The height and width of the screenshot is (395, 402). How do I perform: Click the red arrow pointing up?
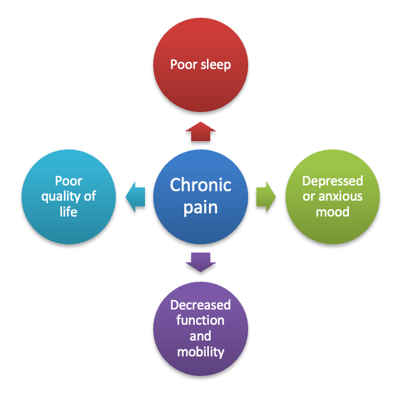[x=201, y=130]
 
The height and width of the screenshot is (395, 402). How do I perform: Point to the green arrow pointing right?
[x=266, y=197]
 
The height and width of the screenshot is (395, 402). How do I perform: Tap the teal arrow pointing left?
[x=135, y=197]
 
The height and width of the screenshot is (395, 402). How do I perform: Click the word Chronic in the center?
[x=201, y=186]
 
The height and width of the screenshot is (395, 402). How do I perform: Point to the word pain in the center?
[x=201, y=207]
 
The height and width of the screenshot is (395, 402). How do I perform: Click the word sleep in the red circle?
[x=215, y=65]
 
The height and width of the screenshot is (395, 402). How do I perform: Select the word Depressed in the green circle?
[x=332, y=181]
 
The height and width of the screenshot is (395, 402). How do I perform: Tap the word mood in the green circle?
[x=332, y=211]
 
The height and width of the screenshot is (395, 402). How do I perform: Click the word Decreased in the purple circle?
[x=201, y=305]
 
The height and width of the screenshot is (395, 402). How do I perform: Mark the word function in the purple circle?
[x=201, y=320]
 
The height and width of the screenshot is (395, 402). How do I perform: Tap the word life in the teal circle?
[x=68, y=211]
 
